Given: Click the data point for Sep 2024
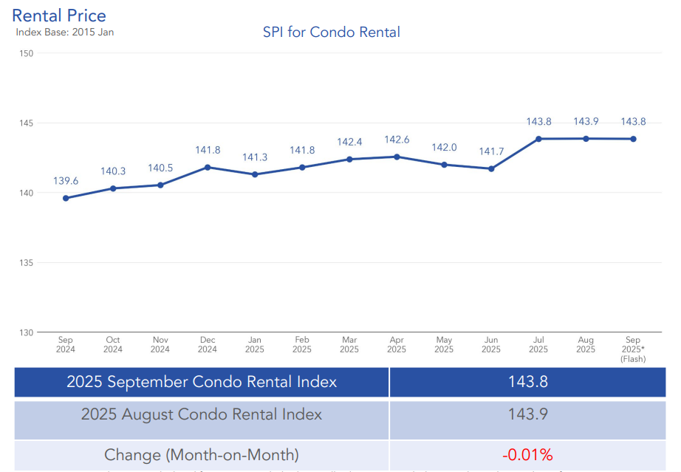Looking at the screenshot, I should (66, 198).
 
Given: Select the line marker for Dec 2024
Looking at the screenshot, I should (208, 167).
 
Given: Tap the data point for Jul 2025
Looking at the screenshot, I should (538, 139).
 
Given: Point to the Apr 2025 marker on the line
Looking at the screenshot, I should (397, 157).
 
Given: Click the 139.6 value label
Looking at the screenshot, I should (66, 181).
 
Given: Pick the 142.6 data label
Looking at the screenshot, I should (397, 140).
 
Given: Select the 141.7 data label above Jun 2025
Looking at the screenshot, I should (491, 151).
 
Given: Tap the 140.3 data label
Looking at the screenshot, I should (113, 171).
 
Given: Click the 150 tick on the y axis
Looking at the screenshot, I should (27, 53).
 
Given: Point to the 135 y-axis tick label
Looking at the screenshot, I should (27, 263).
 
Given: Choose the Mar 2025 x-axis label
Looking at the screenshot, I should (349, 345).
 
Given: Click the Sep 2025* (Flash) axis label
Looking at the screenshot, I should (633, 349).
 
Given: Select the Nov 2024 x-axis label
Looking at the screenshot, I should (160, 345).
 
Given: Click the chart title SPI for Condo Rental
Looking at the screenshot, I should (332, 32).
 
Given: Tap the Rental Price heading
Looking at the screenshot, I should (59, 16).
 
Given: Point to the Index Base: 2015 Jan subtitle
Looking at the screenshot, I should (65, 32).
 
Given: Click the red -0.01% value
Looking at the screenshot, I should (527, 454).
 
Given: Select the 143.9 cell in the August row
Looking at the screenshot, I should (527, 414).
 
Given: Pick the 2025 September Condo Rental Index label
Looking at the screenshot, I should (202, 382).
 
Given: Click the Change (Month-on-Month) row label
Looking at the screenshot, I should (202, 454).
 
